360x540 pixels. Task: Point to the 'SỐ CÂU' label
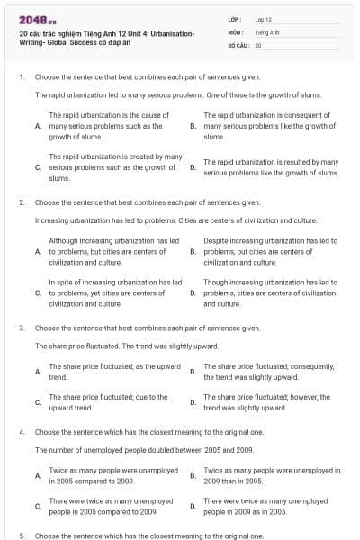[x=238, y=44]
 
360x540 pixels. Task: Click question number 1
[x=21, y=77]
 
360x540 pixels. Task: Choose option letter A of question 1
[x=38, y=127]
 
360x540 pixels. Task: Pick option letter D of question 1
[x=193, y=167]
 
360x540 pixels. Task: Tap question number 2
[x=21, y=203]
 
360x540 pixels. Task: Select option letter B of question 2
[x=193, y=252]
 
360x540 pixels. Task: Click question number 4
[x=21, y=432]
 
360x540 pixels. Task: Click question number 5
[x=21, y=535]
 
